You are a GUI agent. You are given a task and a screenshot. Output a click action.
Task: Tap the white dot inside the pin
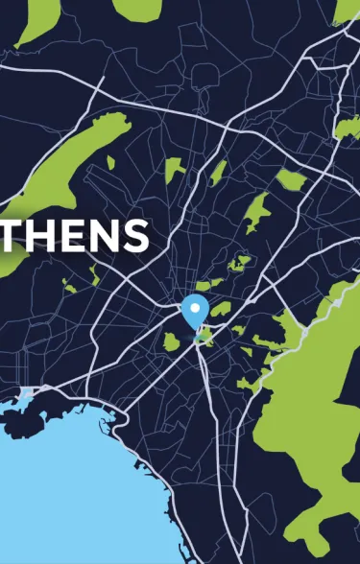195,308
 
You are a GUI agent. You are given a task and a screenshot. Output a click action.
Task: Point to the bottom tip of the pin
195,328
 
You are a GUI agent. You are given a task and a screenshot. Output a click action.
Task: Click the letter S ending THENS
135,235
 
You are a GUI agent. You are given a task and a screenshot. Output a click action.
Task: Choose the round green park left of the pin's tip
172,341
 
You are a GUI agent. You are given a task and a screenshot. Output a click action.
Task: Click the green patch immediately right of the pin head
221,310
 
